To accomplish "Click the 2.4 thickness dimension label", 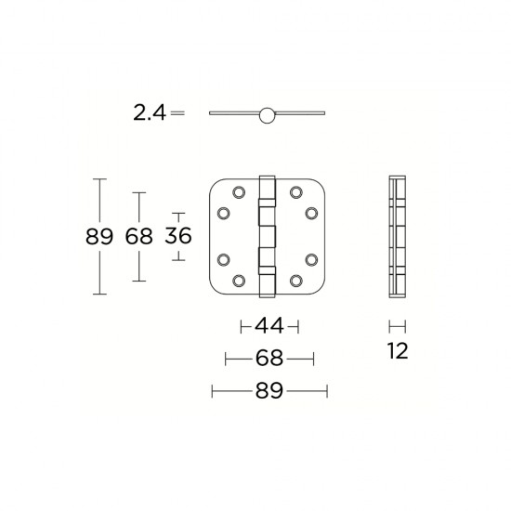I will [x=149, y=113].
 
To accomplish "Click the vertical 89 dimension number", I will [x=98, y=237].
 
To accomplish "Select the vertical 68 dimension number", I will [x=138, y=237].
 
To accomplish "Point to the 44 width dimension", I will [x=269, y=326].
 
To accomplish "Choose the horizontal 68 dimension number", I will [x=269, y=359].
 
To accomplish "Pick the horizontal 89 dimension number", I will [x=269, y=391].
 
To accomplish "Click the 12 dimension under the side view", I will [x=398, y=351].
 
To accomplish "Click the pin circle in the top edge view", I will [x=269, y=114].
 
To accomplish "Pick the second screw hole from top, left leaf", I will [x=223, y=214].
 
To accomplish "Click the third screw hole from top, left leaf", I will [x=223, y=259].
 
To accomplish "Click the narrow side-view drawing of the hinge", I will [x=398, y=236].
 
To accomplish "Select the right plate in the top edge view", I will [x=301, y=114].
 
